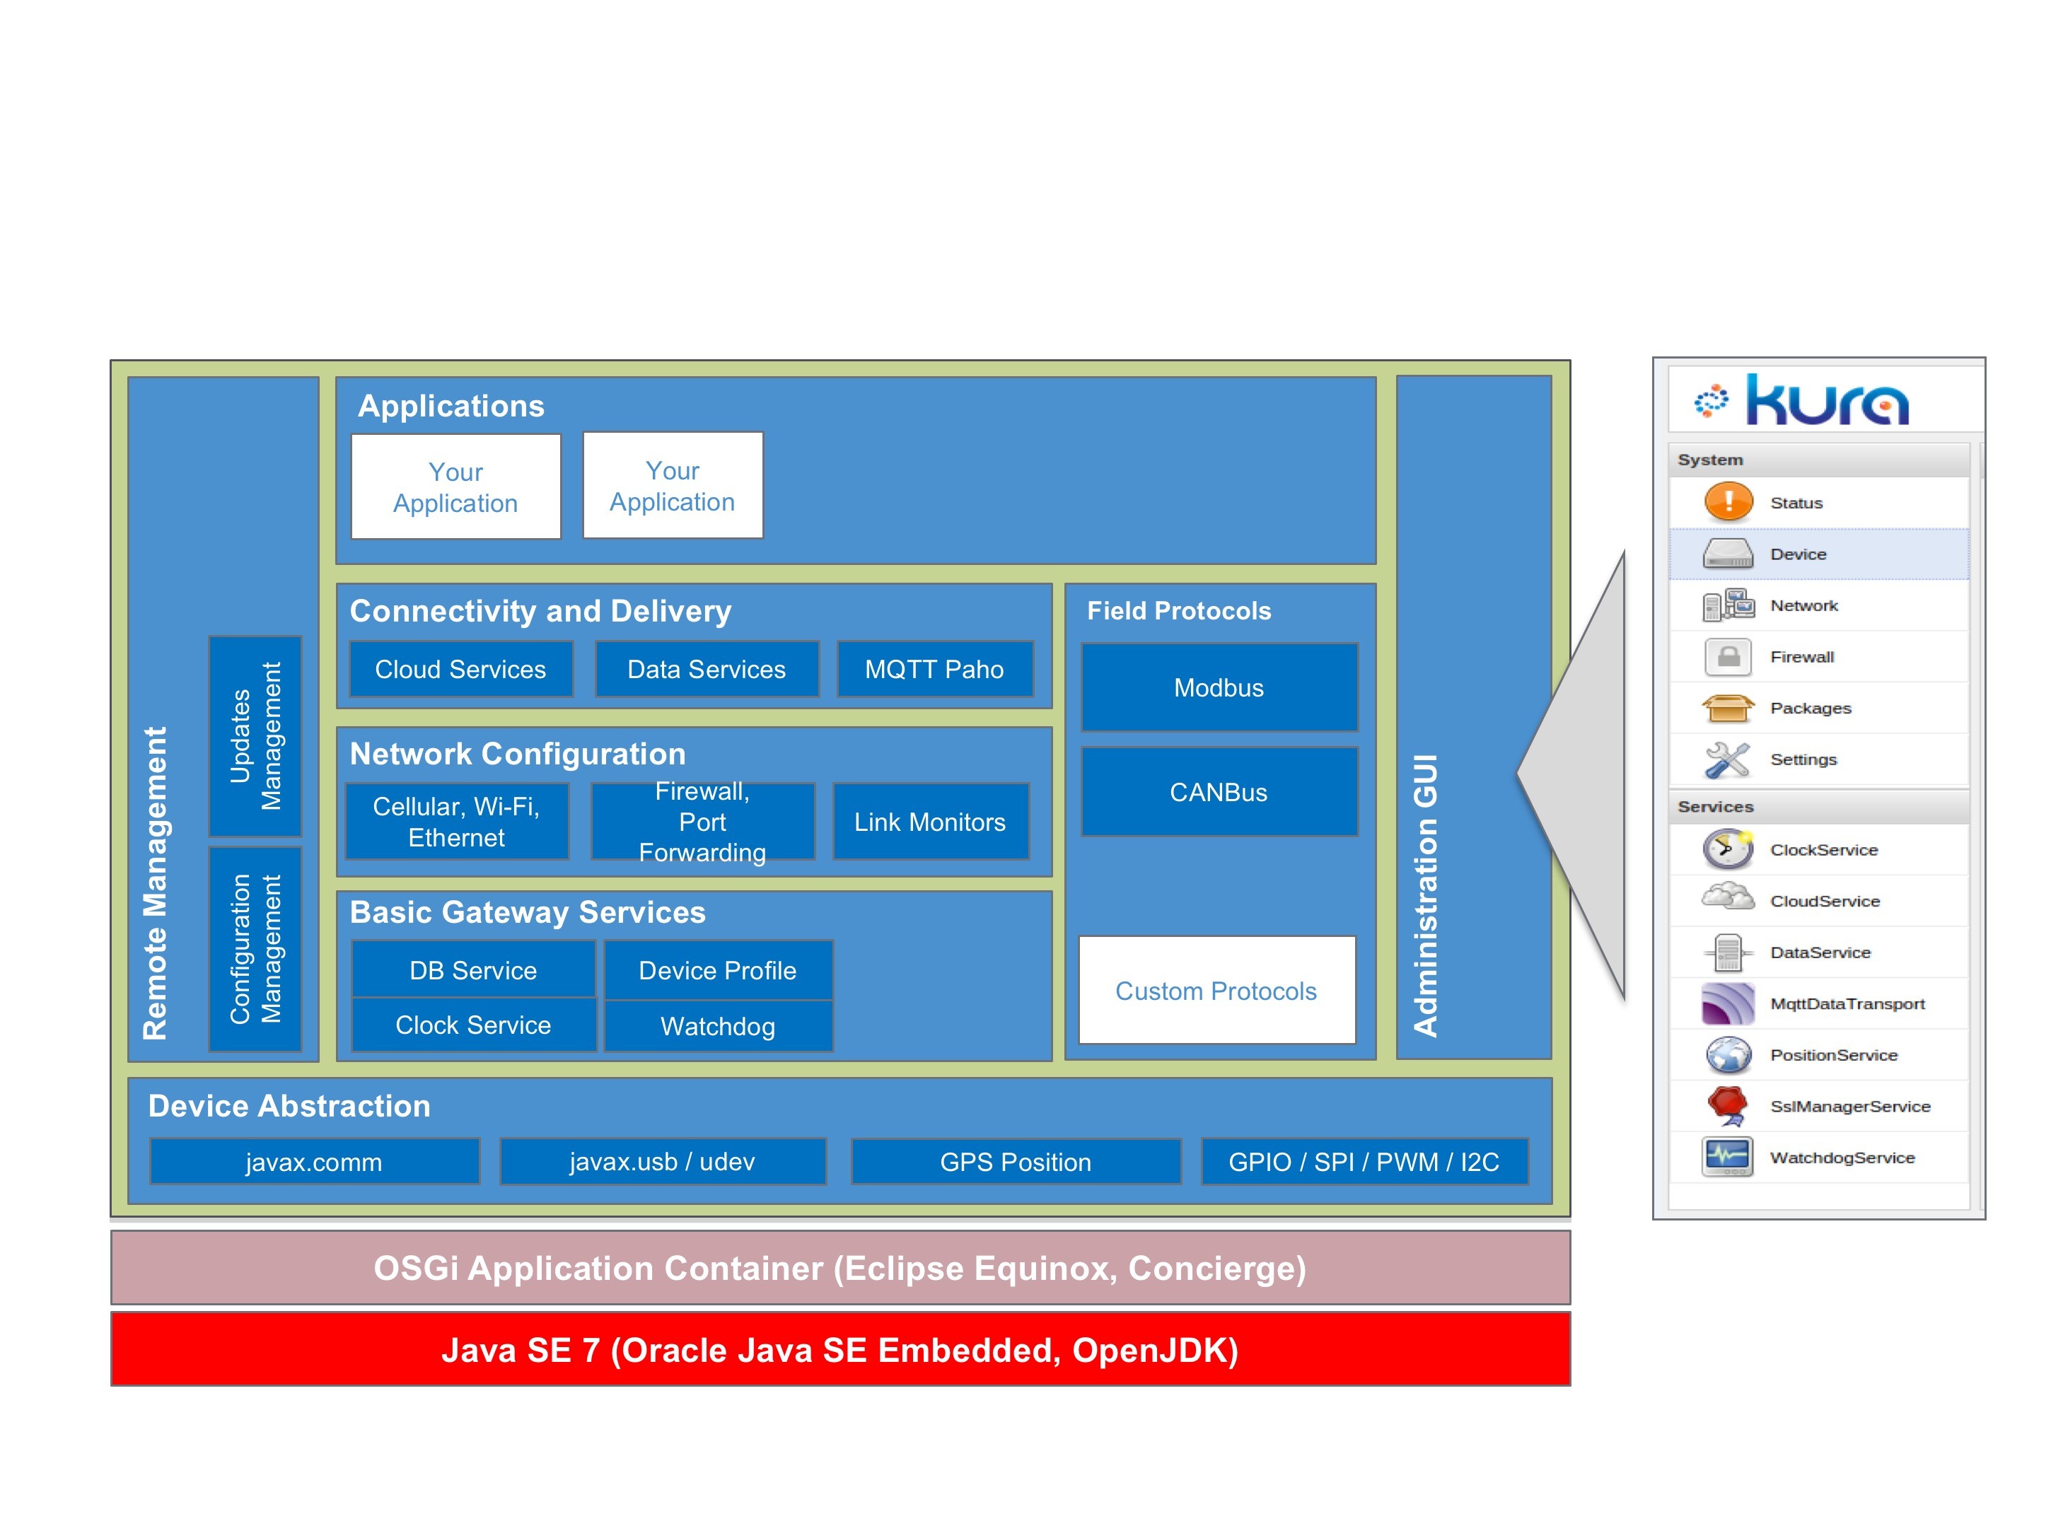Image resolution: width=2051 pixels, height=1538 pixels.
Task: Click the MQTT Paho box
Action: [x=935, y=668]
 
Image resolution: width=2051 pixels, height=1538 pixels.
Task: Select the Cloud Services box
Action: [x=461, y=668]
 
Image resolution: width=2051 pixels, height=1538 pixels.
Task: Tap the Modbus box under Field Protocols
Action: [x=1219, y=687]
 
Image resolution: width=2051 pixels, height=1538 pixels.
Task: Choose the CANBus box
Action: [x=1219, y=792]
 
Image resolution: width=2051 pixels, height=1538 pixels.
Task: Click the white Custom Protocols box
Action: [x=1216, y=990]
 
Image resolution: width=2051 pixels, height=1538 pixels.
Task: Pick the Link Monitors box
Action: [x=930, y=822]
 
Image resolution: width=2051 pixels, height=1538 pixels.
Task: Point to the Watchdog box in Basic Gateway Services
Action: [x=719, y=1025]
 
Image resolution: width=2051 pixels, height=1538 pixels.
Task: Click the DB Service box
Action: [x=474, y=969]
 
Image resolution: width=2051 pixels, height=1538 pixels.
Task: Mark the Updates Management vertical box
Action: [x=255, y=736]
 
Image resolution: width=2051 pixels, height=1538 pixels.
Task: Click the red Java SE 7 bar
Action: [x=840, y=1349]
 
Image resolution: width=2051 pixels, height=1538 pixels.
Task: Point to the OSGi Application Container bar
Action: [x=840, y=1267]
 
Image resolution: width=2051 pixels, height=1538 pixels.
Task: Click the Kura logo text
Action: [x=1827, y=400]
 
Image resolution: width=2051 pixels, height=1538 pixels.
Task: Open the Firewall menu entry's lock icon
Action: [x=1728, y=656]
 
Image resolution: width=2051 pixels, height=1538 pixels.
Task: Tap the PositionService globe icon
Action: [x=1728, y=1055]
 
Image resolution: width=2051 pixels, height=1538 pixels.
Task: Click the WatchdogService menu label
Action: [x=1842, y=1157]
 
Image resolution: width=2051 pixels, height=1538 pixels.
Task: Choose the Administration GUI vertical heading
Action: [x=1425, y=895]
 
